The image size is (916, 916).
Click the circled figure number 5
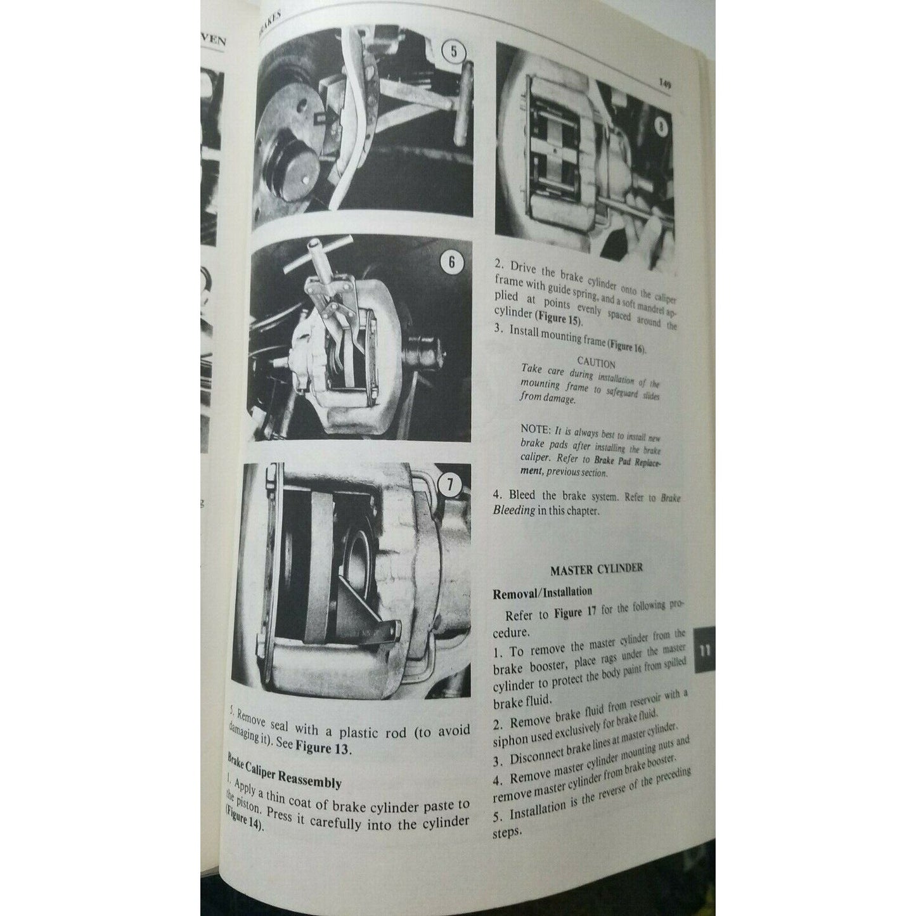[453, 53]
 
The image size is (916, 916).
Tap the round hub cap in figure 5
[293, 172]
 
